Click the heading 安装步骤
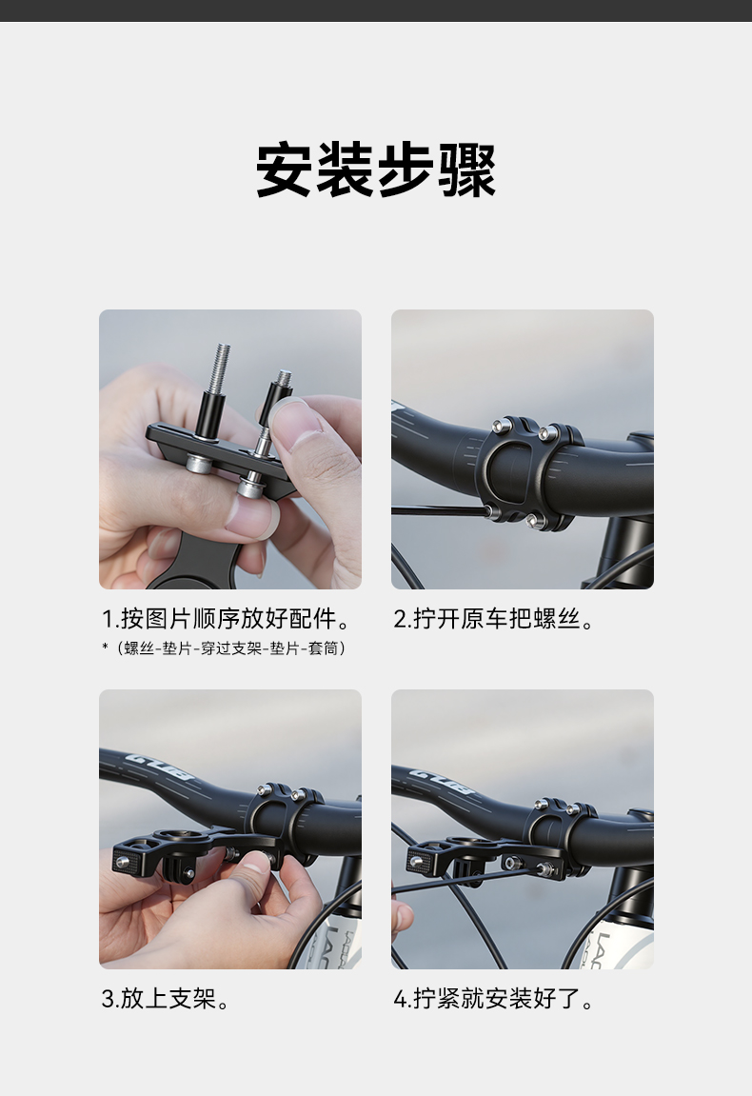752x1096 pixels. (376, 169)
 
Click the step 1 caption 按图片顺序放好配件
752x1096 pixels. (235, 619)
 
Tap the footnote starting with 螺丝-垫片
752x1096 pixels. (234, 648)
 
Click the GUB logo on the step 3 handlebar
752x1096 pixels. (148, 767)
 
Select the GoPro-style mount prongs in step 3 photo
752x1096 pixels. (179, 870)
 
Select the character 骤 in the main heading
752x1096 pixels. (467, 169)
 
